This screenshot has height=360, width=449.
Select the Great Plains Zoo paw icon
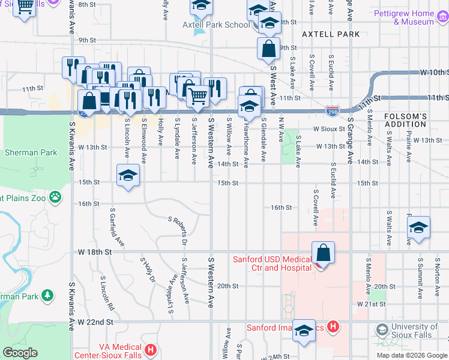coord(55,196)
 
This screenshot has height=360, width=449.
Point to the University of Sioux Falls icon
coord(381,329)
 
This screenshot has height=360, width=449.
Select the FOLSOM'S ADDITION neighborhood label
coord(405,119)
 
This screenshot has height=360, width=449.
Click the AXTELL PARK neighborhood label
coord(331,34)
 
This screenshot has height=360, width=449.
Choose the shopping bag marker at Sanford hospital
coord(323,253)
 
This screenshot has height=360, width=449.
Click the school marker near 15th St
coord(128,177)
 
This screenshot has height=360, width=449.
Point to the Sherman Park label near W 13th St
coord(31,152)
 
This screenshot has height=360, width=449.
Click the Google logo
coord(20,352)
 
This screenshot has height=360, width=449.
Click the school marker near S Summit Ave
coord(418,227)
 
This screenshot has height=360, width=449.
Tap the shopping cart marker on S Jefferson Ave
coord(197,95)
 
